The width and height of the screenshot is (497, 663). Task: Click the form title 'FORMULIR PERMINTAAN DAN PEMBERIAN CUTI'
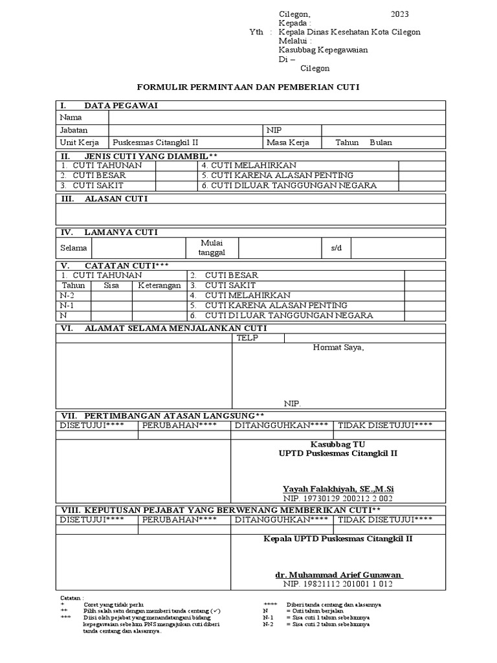coord(248,86)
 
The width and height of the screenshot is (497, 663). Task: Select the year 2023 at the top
coord(399,14)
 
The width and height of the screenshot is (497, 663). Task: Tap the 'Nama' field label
coord(71,117)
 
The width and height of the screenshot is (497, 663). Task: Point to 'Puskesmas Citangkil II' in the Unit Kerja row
coord(155,142)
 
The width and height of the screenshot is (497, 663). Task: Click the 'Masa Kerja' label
coord(287,142)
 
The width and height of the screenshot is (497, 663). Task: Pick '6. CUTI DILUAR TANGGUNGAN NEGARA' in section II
coord(289,186)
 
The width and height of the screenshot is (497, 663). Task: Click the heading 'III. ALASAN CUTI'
coord(104,199)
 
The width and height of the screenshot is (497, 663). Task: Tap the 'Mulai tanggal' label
coord(212,247)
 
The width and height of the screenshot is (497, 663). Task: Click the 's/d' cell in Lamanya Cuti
coord(336,248)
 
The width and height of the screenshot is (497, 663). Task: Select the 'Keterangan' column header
coord(159,286)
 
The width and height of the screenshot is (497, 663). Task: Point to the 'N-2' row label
coord(67,295)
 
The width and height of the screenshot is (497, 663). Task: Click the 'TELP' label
coord(247,338)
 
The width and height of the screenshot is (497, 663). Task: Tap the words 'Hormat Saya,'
coord(338,348)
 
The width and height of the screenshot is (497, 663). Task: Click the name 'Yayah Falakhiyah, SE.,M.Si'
coord(338,488)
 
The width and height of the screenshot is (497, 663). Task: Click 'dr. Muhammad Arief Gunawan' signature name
coord(338,574)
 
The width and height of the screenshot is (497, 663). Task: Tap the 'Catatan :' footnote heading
coord(72,598)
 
